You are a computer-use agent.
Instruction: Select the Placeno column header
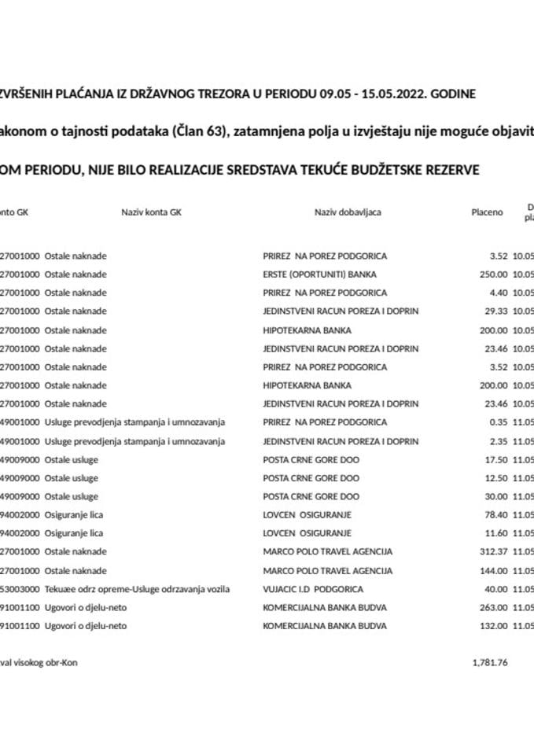487,212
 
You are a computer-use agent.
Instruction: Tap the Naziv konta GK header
151,212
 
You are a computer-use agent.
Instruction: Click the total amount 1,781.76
490,662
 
